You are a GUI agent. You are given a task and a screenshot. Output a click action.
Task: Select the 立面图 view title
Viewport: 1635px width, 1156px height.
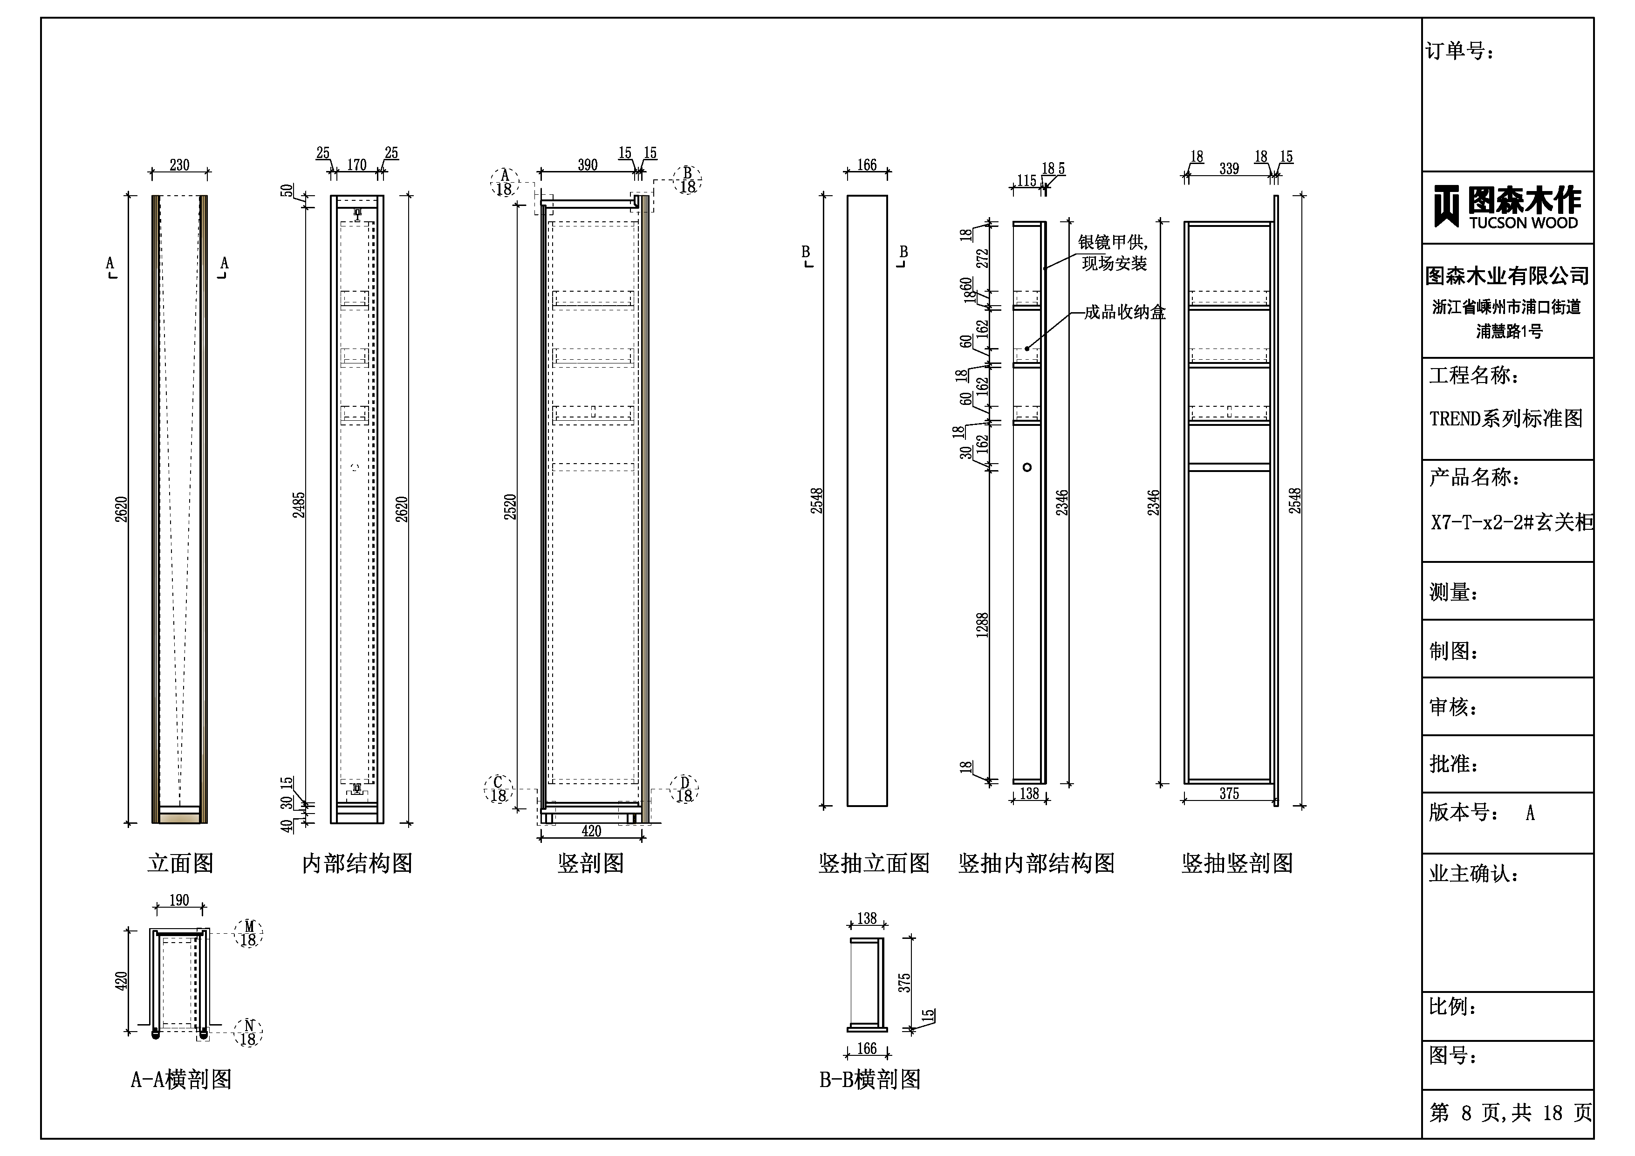[180, 863]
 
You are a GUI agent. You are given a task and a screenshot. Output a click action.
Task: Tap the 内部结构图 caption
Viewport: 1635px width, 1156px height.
[357, 863]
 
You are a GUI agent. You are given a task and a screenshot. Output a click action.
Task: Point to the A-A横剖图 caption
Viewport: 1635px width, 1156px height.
[181, 1079]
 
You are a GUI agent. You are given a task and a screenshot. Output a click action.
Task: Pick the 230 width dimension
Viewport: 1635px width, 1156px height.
[179, 165]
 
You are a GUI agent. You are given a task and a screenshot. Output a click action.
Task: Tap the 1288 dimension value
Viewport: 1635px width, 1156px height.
[982, 625]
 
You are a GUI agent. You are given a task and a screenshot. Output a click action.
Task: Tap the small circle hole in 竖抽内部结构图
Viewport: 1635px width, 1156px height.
[1027, 467]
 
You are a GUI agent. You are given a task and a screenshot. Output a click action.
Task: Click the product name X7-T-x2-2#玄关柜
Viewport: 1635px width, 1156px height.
[1511, 522]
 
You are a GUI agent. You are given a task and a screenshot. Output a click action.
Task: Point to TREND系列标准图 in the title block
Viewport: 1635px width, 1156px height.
[1505, 418]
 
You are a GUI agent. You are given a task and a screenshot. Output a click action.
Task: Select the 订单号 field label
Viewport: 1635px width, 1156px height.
[1459, 51]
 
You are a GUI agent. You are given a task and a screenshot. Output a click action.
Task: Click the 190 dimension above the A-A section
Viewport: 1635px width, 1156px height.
[179, 900]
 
